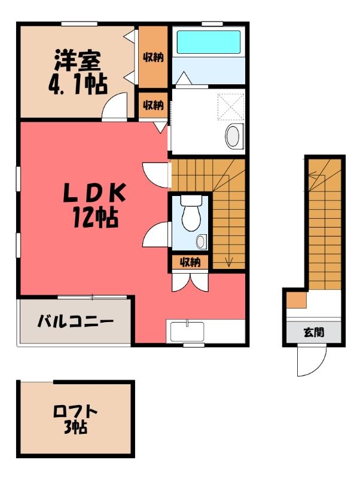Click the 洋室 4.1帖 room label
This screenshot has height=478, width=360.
tap(78, 72)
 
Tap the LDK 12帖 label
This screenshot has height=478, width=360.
tap(94, 205)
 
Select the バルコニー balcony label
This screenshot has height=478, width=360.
tap(75, 321)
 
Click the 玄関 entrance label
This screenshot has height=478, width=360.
tap(314, 332)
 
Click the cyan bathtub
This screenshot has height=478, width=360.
tap(209, 42)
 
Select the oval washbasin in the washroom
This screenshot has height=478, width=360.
tap(234, 136)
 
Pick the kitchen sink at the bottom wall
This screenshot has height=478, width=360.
tap(187, 332)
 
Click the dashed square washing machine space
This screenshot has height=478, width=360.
tap(231, 106)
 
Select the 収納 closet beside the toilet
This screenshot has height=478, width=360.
tap(190, 262)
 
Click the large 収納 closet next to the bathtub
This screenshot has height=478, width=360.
tap(153, 57)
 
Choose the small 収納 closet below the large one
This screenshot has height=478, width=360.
tap(153, 106)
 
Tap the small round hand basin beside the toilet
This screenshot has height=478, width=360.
tap(201, 241)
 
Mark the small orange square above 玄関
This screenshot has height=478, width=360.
tap(297, 300)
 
